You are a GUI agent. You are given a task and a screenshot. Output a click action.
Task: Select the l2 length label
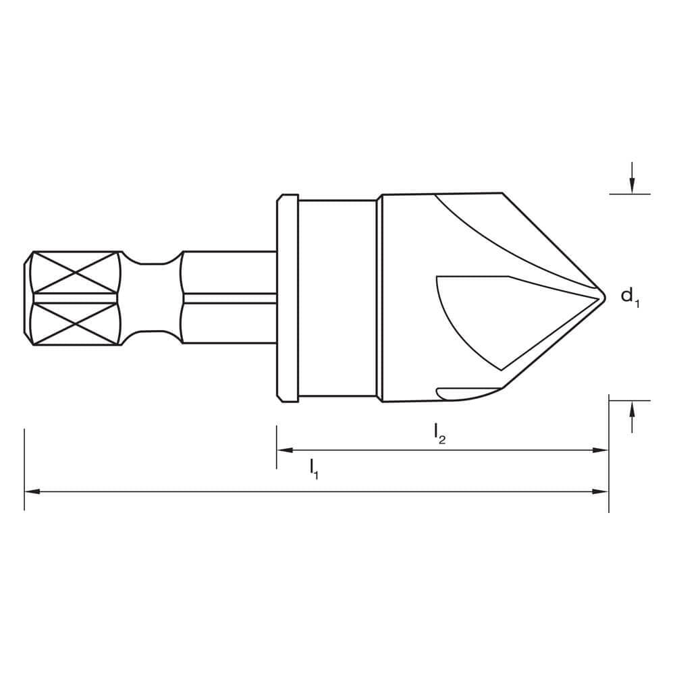[x=439, y=433]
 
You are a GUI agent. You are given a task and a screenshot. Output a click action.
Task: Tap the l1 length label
[x=314, y=468]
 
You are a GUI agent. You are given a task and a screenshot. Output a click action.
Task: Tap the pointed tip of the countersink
[x=603, y=295]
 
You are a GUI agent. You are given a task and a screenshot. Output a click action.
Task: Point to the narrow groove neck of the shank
[x=152, y=297]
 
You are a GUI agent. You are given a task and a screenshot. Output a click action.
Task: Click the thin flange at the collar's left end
[x=288, y=298]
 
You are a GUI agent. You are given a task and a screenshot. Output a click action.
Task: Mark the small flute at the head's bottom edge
[x=466, y=393]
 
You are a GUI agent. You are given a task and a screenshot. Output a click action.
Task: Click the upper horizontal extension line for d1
[x=630, y=194]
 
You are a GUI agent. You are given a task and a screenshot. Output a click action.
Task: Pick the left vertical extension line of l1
[x=24, y=469]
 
